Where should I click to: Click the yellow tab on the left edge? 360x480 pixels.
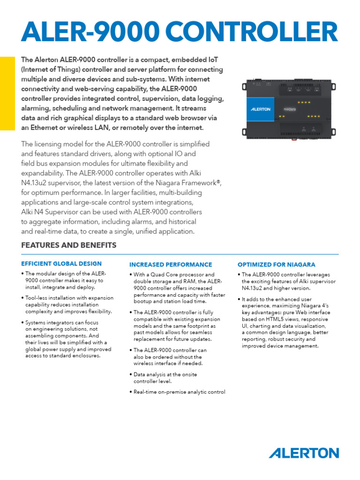tap(7, 93)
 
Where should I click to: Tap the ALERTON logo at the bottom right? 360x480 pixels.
tap(304, 453)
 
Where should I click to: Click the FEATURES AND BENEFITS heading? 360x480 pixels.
tap(69, 246)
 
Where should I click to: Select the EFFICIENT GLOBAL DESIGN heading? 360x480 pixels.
tap(61, 264)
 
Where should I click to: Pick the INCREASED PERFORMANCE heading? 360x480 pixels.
tap(171, 264)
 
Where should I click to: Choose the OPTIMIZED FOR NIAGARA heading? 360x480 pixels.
tap(277, 264)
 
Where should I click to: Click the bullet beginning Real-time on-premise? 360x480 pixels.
tap(179, 392)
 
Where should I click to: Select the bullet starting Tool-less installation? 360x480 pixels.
tap(69, 305)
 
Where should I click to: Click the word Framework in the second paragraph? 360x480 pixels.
tap(192, 183)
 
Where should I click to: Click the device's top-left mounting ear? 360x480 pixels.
tap(244, 86)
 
